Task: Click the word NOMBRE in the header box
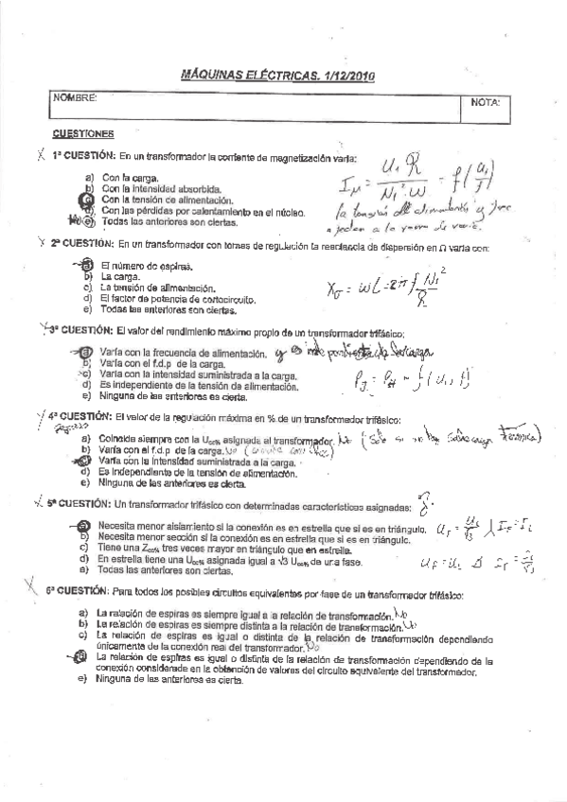tap(76, 98)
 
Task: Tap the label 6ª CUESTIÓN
tap(83, 592)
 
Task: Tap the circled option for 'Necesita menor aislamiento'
tap(83, 526)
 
